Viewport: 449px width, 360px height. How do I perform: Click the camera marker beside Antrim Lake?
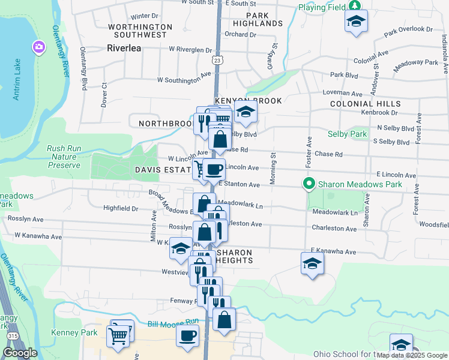pos(40,47)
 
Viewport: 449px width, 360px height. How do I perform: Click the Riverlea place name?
pos(124,48)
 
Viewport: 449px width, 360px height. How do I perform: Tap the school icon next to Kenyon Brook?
pos(245,112)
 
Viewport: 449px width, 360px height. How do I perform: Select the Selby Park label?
pos(347,134)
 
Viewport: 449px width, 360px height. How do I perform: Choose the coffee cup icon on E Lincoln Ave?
pos(214,169)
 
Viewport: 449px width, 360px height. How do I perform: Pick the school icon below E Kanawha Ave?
pos(312,264)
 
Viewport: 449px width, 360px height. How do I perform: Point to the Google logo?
pos(19,353)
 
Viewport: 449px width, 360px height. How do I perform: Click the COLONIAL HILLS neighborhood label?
pos(364,104)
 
